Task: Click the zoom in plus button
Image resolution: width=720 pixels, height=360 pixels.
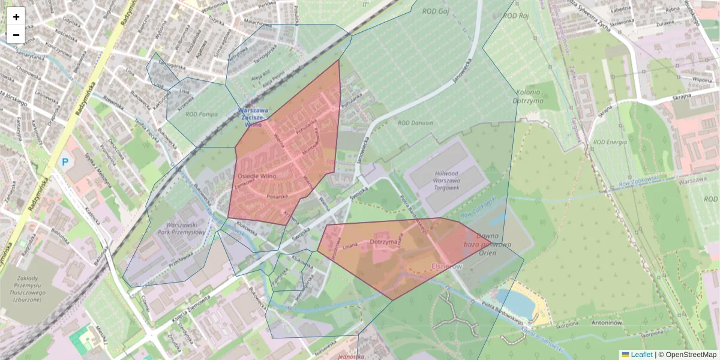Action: point(16,17)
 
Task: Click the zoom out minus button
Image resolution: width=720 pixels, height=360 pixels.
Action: point(16,35)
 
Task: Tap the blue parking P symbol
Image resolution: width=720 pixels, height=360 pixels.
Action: point(65,161)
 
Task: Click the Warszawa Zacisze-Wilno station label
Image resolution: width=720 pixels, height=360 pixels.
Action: point(253,118)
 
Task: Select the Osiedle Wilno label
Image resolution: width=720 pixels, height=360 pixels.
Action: point(257,176)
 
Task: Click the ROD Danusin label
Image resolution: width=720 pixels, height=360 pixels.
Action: point(415,123)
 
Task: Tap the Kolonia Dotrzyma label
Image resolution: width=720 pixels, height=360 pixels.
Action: point(527,96)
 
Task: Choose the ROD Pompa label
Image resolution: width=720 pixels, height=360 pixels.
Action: point(201,114)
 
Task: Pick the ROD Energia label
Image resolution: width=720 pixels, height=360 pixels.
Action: point(610,142)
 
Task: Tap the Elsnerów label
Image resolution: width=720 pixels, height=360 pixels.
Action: point(447,265)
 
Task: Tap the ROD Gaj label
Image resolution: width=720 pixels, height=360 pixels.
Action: point(436,11)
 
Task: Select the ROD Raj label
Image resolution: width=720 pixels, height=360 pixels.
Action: point(516,16)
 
